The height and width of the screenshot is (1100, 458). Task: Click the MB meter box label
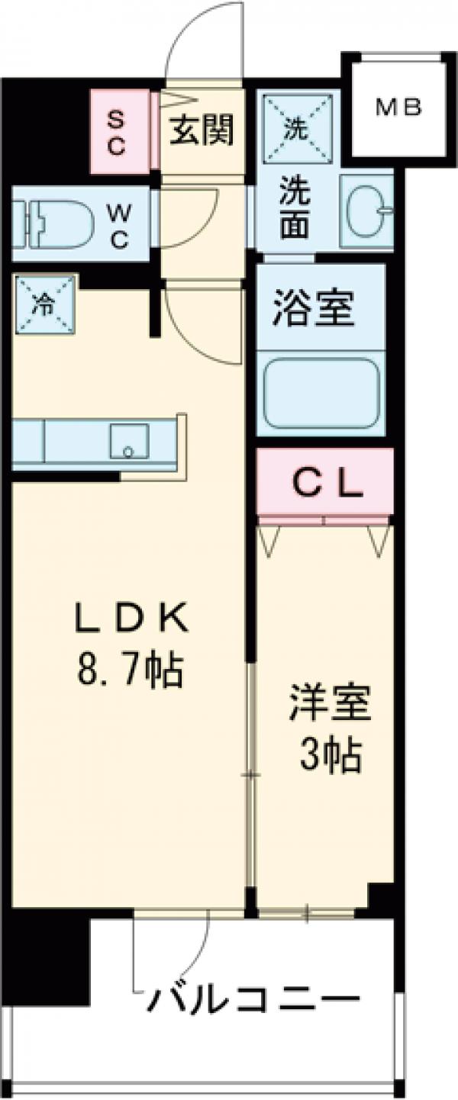(398, 108)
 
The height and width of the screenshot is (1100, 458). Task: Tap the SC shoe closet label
(116, 132)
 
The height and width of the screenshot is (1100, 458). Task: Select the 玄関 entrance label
(201, 130)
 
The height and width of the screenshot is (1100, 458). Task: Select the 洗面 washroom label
(295, 207)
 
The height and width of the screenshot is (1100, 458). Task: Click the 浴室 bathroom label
(313, 309)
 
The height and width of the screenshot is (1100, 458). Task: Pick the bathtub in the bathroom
(321, 393)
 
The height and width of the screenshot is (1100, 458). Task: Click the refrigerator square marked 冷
(44, 304)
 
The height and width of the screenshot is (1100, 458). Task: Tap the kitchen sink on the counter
(128, 442)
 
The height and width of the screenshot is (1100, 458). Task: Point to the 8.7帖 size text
(129, 671)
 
